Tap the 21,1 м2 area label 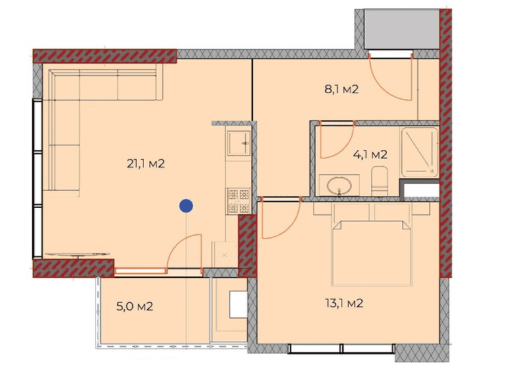(145, 164)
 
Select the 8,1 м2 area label (341, 89)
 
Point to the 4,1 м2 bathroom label (370, 155)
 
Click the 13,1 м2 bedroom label (343, 303)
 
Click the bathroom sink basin (339, 185)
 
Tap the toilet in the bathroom (379, 181)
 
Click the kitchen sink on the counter (238, 144)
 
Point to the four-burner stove (238, 201)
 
